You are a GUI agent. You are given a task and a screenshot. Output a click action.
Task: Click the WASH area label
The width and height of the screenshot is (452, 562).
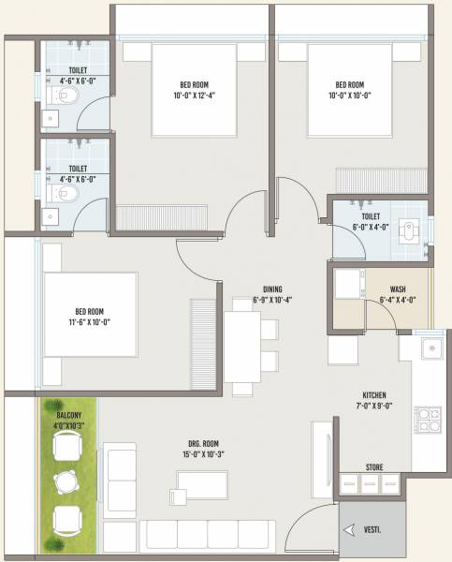tap(397, 288)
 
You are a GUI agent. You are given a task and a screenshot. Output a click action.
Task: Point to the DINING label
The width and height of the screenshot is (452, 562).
tap(273, 288)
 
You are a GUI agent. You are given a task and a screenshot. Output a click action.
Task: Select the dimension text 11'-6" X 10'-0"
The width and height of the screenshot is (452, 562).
tap(90, 322)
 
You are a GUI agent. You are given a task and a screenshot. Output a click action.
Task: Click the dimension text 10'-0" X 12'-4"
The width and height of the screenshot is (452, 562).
tap(191, 94)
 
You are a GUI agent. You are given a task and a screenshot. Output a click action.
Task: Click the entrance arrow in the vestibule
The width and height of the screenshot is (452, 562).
tap(350, 530)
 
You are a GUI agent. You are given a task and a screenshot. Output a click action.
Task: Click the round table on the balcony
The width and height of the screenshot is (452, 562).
tap(65, 482)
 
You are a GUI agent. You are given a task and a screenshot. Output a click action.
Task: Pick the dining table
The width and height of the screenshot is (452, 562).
tap(241, 346)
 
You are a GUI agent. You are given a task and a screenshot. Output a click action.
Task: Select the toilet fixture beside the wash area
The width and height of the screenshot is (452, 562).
tap(408, 229)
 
